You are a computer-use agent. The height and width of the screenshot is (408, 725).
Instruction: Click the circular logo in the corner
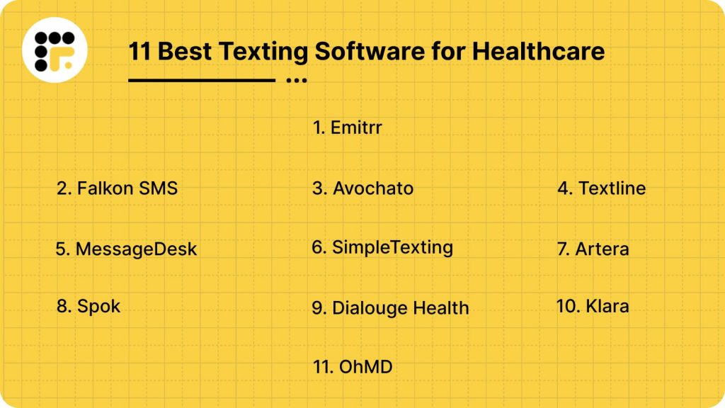click(55, 50)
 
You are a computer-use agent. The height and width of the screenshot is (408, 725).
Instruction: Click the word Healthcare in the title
click(538, 50)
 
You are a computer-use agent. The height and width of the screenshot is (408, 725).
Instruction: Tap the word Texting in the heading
click(263, 51)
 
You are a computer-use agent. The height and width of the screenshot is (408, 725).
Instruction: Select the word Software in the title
click(370, 50)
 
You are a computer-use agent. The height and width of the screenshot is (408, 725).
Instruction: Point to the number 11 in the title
click(139, 51)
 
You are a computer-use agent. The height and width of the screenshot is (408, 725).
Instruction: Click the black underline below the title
click(202, 81)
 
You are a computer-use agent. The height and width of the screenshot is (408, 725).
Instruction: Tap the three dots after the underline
click(297, 81)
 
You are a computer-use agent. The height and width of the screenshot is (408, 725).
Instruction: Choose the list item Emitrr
click(347, 127)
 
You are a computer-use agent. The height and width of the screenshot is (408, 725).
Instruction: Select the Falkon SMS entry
click(117, 188)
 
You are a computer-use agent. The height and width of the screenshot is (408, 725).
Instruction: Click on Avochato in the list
click(362, 188)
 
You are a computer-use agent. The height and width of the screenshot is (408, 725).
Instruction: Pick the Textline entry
click(602, 188)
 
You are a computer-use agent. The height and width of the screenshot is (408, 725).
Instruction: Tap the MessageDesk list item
click(126, 249)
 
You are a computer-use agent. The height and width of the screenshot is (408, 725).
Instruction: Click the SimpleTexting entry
click(382, 247)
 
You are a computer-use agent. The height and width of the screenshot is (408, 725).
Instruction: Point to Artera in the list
click(593, 249)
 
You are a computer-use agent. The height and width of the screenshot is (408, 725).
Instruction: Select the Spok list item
click(89, 306)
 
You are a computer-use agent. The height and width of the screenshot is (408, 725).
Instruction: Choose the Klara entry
click(593, 306)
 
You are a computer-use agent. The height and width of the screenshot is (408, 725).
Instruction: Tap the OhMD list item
click(353, 367)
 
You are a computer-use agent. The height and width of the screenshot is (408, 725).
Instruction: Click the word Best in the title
click(185, 51)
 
